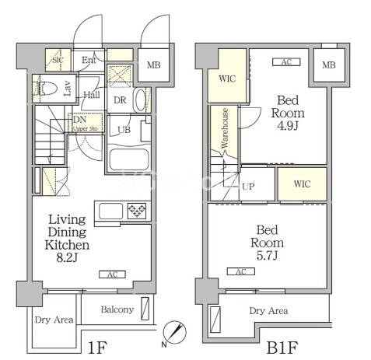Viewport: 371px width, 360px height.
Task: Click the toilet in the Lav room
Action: pyautogui.click(x=48, y=89)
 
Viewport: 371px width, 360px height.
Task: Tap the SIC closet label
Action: pyautogui.click(x=58, y=60)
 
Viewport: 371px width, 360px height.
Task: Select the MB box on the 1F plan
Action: pyautogui.click(x=153, y=65)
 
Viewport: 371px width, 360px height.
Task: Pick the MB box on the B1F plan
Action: pyautogui.click(x=329, y=65)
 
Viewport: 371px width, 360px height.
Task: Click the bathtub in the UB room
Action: pyautogui.click(x=129, y=159)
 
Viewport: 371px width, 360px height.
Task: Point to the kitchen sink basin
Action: pyautogui.click(x=111, y=211)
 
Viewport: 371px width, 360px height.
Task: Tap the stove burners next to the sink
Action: pyautogui.click(x=137, y=210)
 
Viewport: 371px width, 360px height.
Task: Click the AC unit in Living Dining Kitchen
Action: pyautogui.click(x=112, y=274)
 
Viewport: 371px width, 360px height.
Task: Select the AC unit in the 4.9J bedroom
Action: pyautogui.click(x=286, y=62)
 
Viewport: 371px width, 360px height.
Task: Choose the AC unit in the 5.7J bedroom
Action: pyautogui.click(x=241, y=271)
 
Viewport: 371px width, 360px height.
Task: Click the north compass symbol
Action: pyautogui.click(x=175, y=333)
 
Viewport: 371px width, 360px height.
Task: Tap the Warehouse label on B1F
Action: pyautogui.click(x=225, y=128)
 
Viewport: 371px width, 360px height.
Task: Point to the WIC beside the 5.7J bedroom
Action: pyautogui.click(x=302, y=184)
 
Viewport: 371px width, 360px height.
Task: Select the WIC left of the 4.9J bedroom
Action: pyautogui.click(x=227, y=79)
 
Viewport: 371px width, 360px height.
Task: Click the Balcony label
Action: pyautogui.click(x=117, y=309)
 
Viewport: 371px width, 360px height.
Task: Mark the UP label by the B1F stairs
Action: pyautogui.click(x=248, y=187)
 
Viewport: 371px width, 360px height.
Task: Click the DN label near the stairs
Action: pyautogui.click(x=80, y=120)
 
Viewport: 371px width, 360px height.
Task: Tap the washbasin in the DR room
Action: pyautogui.click(x=141, y=100)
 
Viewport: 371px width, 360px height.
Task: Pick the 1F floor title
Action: pyautogui.click(x=97, y=348)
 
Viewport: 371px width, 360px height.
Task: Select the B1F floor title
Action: pyautogui.click(x=282, y=348)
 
